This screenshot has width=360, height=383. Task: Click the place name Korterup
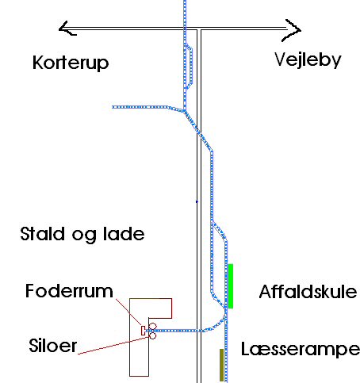pyautogui.click(x=71, y=63)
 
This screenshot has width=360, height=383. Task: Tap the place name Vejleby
pyautogui.click(x=308, y=59)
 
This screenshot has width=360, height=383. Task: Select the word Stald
pyautogui.click(x=42, y=234)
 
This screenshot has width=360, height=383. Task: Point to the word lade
pyautogui.click(x=124, y=234)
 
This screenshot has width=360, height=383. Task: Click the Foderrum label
pyautogui.click(x=69, y=291)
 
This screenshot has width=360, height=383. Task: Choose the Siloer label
pyautogui.click(x=53, y=345)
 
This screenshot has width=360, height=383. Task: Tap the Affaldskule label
pyautogui.click(x=308, y=292)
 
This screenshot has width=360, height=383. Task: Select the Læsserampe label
pyautogui.click(x=301, y=349)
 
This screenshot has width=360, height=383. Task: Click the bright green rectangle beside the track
pyautogui.click(x=230, y=286)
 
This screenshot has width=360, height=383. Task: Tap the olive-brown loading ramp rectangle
pyautogui.click(x=221, y=365)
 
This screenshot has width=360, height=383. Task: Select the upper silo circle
pyautogui.click(x=152, y=326)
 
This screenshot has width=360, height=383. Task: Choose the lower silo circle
pyautogui.click(x=152, y=335)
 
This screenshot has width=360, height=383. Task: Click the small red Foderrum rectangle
pyautogui.click(x=143, y=331)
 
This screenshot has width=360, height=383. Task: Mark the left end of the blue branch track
pyautogui.click(x=113, y=107)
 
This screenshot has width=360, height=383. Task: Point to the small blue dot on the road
pyautogui.click(x=197, y=201)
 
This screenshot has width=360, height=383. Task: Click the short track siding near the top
pyautogui.click(x=190, y=67)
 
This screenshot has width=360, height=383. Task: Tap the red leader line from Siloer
pyautogui.click(x=113, y=346)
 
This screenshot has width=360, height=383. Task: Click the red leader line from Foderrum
pyautogui.click(x=128, y=312)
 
